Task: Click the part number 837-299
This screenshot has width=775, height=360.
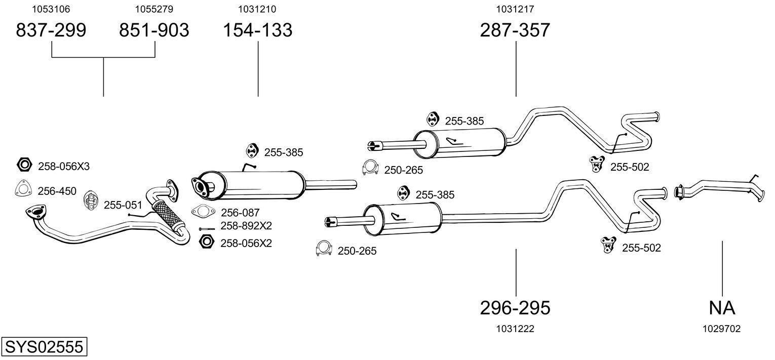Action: [x=51, y=30]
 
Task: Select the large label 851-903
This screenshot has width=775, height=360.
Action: [x=154, y=30]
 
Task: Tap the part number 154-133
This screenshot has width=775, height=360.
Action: [x=258, y=30]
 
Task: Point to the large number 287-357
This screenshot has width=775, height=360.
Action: [x=515, y=30]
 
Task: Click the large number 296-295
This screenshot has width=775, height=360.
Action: [x=515, y=308]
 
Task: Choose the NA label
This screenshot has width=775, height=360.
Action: [x=722, y=308]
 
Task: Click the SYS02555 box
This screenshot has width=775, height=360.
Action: [x=44, y=346]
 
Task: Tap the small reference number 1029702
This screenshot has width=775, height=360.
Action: [x=721, y=329]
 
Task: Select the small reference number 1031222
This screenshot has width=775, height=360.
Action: [x=515, y=329]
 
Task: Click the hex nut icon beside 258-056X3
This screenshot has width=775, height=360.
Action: [x=24, y=165]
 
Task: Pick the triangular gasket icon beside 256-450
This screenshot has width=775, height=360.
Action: [x=23, y=189]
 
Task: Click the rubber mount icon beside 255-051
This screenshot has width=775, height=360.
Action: [x=91, y=200]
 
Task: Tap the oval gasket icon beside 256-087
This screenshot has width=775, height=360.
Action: [x=203, y=211]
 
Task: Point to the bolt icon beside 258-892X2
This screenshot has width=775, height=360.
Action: [x=207, y=229]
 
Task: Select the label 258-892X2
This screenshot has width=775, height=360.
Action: [x=246, y=226]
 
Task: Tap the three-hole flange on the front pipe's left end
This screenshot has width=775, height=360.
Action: [x=36, y=212]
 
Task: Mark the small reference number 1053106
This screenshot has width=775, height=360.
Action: [x=51, y=9]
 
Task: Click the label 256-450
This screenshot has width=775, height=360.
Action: [x=57, y=191]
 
